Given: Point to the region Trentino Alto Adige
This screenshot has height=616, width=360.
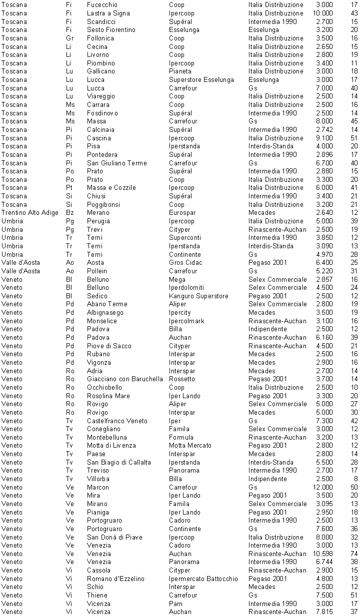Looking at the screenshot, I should click(x=30, y=213).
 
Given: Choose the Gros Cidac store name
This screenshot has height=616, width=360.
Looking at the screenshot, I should click(x=186, y=263).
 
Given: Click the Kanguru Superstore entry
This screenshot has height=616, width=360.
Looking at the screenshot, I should click(x=198, y=296).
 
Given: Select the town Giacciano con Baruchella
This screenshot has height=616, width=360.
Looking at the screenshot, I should click(x=124, y=379).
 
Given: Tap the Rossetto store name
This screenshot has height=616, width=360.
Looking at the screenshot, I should click(x=182, y=379).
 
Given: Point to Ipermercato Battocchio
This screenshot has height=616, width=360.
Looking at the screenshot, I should click(x=203, y=579).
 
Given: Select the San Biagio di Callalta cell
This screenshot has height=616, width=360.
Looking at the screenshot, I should click(x=118, y=462).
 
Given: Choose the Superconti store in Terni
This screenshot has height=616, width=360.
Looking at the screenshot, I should click(x=185, y=238).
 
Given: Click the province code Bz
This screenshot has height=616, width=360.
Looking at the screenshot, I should click(x=69, y=213).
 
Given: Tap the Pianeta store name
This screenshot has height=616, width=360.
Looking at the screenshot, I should click(x=180, y=71).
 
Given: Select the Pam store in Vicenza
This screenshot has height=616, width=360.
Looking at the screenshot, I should click(x=175, y=604).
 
